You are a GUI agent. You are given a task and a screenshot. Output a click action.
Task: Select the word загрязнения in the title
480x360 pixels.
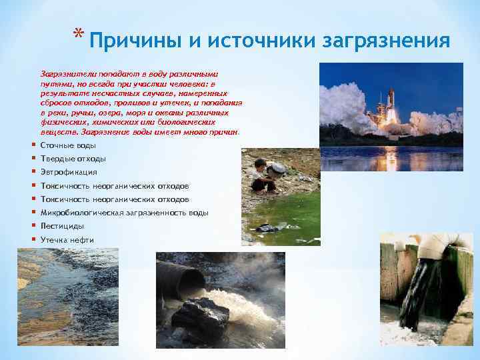click(x=387, y=41)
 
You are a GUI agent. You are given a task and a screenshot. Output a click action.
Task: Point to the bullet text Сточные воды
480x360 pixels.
click(x=68, y=145)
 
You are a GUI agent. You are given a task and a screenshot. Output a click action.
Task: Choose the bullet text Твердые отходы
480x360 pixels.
click(x=73, y=159)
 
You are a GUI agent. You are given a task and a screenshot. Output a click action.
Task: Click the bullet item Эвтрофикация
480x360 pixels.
click(x=69, y=172)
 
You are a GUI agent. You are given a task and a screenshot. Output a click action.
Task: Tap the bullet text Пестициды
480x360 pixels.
click(x=62, y=226)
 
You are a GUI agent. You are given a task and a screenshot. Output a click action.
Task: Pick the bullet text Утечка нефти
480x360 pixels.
click(x=67, y=240)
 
